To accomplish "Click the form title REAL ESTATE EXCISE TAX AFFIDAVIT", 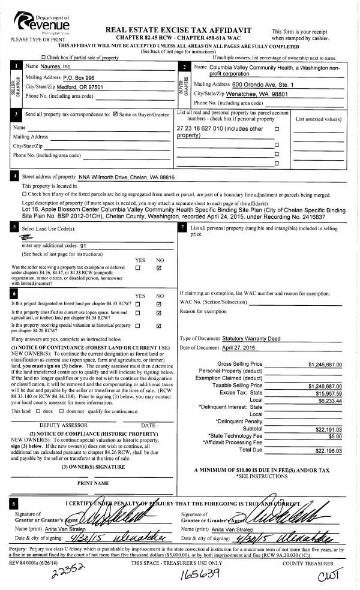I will (178, 30).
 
